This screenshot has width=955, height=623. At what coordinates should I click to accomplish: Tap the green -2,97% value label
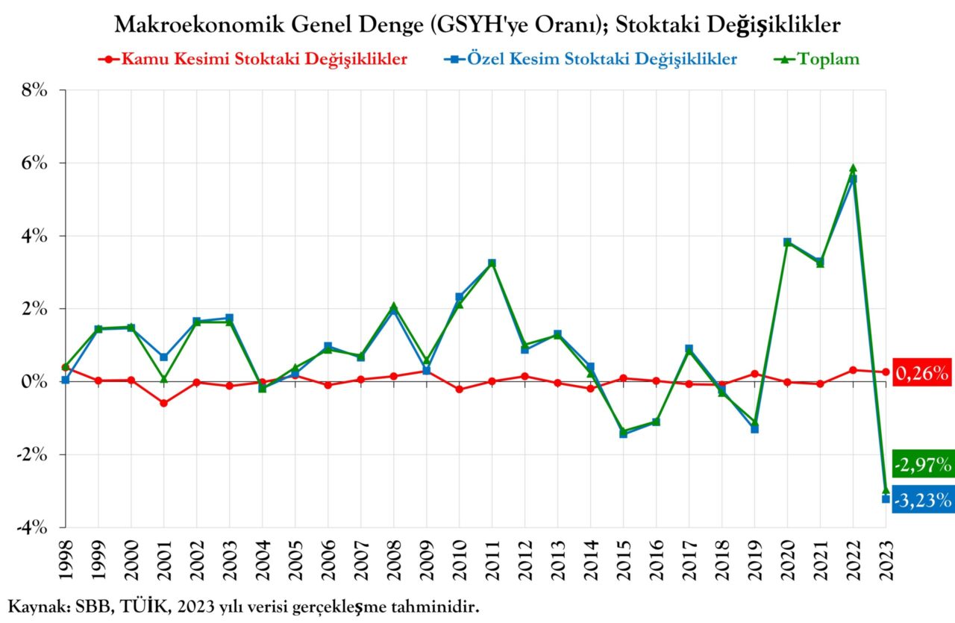(922, 466)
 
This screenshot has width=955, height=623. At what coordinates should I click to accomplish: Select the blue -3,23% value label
(922, 498)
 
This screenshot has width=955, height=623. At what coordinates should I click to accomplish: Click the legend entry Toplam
(828, 59)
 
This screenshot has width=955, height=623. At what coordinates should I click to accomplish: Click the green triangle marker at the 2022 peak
(853, 169)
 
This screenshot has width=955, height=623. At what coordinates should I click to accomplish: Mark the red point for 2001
(163, 403)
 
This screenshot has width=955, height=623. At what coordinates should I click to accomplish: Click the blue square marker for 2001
(163, 357)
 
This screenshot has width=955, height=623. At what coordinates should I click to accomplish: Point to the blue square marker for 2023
(886, 498)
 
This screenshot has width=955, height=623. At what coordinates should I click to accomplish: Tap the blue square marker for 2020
(787, 242)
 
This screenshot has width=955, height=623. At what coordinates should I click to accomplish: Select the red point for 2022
(853, 369)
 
